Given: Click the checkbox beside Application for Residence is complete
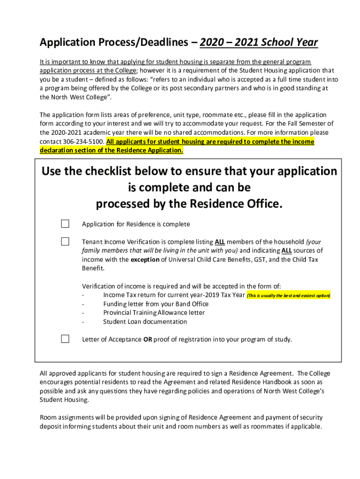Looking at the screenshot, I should (x=65, y=224).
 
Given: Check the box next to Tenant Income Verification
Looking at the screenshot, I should (x=65, y=241).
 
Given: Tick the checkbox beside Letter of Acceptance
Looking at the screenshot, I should (x=65, y=339).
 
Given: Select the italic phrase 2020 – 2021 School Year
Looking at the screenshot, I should (x=259, y=43).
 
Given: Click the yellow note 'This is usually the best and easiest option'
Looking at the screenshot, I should (x=288, y=296).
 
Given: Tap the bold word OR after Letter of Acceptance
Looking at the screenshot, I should (x=148, y=339).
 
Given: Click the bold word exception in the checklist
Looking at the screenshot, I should (x=145, y=259).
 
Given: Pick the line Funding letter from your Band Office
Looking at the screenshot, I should (x=156, y=304).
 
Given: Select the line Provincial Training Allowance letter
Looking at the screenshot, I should (x=154, y=312).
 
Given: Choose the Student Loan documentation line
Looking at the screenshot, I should (x=145, y=321).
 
